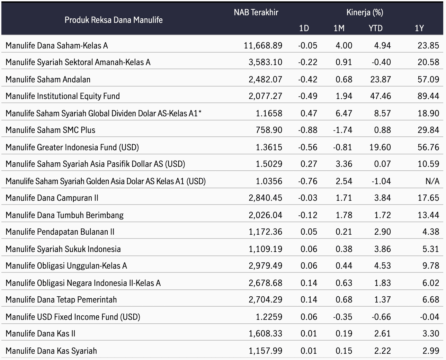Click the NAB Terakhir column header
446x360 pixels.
coord(256,12)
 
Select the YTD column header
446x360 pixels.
coord(376,28)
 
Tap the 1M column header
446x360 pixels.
coord(339,28)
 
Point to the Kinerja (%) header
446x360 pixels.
coord(365,12)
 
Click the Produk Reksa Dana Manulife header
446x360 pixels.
coord(114,20)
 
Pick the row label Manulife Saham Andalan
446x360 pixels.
coord(48,80)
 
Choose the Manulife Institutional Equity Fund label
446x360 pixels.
coord(63,96)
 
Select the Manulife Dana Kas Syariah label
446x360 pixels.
coord(51,351)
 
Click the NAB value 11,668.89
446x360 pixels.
coord(263,46)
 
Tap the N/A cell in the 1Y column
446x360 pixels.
coord(432,181)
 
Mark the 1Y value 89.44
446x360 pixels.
coord(428,96)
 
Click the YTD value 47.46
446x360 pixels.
coord(381,96)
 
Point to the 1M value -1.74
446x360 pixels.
coord(343,130)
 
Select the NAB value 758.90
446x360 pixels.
coord(269,130)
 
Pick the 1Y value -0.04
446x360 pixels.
coord(430,317)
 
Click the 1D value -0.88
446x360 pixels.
coord(308,130)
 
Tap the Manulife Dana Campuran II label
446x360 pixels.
coord(52,198)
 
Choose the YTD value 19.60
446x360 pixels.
coord(380,147)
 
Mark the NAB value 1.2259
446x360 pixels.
coord(269,317)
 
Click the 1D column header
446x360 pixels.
coord(304,28)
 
